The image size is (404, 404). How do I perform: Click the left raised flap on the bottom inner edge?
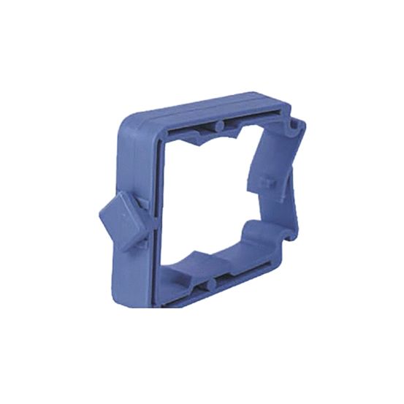(x=194, y=259)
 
